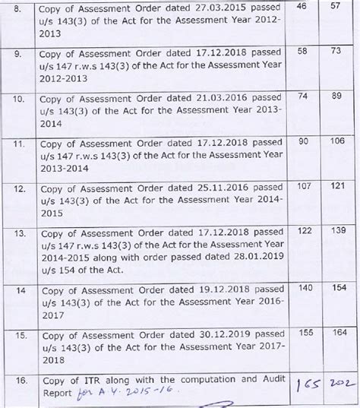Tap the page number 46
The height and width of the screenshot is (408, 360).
click(300, 6)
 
